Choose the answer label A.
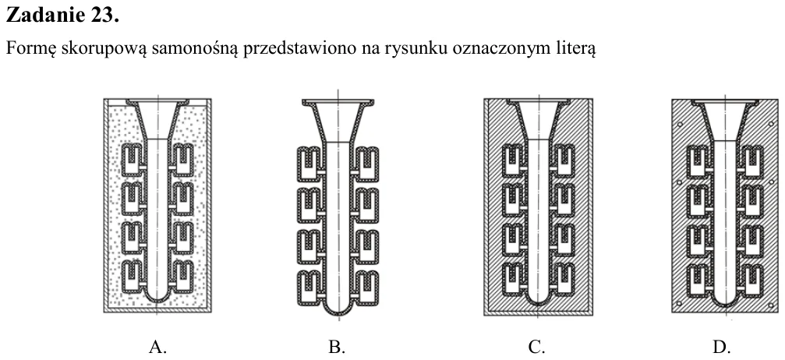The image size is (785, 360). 157,347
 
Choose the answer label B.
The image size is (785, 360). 337,347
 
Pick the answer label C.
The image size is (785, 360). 537,347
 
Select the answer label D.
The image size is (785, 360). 721,347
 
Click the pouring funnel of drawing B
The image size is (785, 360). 338,120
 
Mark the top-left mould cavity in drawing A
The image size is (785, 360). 133,159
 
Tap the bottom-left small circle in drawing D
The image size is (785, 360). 679,303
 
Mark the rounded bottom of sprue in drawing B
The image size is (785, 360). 338,307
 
